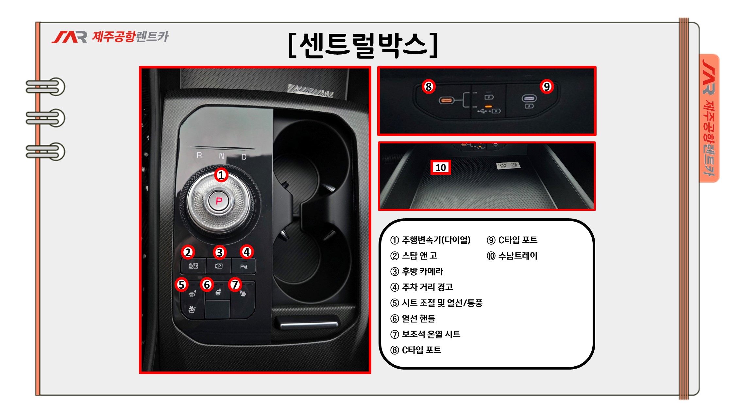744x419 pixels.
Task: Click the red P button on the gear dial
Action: point(219,201)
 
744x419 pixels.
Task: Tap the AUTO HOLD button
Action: point(193,266)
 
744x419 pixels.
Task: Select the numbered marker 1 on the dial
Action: point(221,175)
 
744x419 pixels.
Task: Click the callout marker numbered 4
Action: point(247,252)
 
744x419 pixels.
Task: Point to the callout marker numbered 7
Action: point(235,285)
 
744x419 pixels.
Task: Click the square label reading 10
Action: point(441,167)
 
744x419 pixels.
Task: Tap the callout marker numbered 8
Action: point(429,87)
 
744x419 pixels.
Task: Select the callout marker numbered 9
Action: point(547,87)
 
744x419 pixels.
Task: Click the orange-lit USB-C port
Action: point(446,100)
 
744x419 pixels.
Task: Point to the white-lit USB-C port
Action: point(529,98)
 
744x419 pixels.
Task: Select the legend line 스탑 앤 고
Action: point(414,256)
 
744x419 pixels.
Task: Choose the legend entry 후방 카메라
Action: point(417,271)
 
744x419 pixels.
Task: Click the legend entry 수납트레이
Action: point(512,256)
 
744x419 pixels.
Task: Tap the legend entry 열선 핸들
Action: point(413,319)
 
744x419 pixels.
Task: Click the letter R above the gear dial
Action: point(199,155)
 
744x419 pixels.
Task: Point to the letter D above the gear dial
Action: point(244,157)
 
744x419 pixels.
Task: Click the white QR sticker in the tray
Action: point(508,165)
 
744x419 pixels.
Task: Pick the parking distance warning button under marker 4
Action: point(244,266)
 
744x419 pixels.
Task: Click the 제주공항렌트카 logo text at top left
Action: point(130,37)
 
